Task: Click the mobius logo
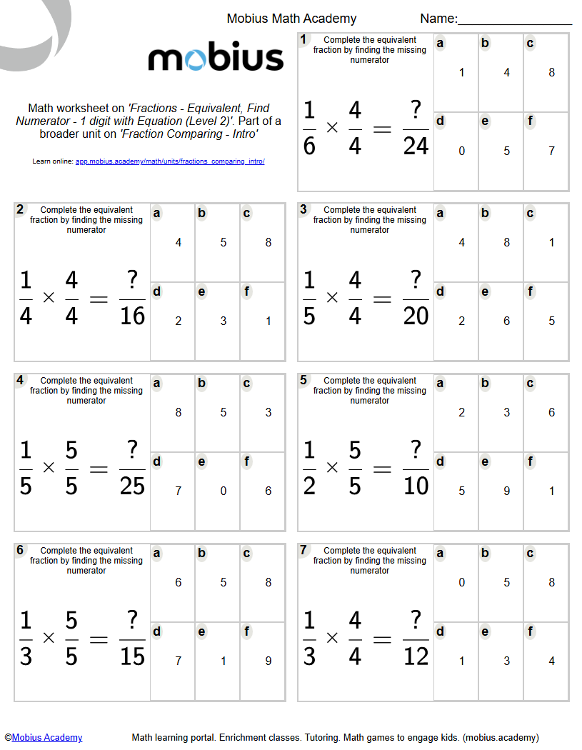(x=216, y=59)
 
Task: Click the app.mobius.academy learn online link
(x=170, y=161)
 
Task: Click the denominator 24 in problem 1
(x=416, y=146)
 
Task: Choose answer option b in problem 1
(x=501, y=72)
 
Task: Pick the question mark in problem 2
(x=132, y=280)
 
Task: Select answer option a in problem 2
(x=173, y=242)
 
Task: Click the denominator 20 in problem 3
(x=416, y=316)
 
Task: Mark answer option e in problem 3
(x=501, y=321)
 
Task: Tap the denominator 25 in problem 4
(x=132, y=486)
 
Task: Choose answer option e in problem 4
(x=218, y=491)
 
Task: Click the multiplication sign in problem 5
(x=332, y=468)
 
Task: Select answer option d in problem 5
(x=456, y=491)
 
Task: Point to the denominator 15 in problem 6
(x=132, y=656)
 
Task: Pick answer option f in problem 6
(x=263, y=661)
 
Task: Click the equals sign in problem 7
(x=383, y=639)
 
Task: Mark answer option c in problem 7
(x=546, y=582)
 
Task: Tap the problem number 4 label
(x=20, y=380)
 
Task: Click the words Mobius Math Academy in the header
(x=291, y=19)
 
